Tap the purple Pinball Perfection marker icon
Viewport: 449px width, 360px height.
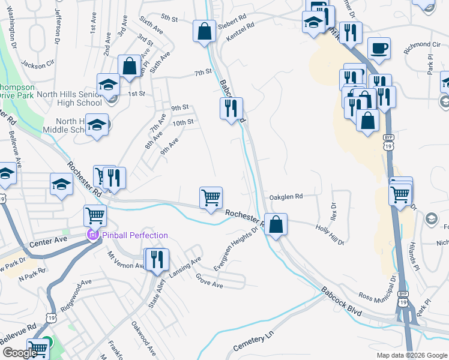(x=92, y=235)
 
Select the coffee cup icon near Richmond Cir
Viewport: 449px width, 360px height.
(x=379, y=47)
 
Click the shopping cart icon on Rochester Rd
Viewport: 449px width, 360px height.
(x=211, y=197)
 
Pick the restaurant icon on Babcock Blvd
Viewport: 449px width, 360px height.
(x=231, y=108)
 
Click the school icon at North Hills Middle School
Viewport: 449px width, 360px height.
(x=96, y=125)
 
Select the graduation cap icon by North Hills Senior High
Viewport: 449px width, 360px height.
(x=108, y=84)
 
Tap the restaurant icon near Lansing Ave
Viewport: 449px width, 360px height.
(x=157, y=259)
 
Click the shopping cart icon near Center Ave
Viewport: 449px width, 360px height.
(x=95, y=215)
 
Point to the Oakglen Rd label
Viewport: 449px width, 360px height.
(x=286, y=196)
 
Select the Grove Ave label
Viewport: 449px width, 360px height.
(x=209, y=281)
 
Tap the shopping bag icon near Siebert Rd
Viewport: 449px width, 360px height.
(x=204, y=31)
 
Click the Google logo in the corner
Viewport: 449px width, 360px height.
(x=19, y=353)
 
